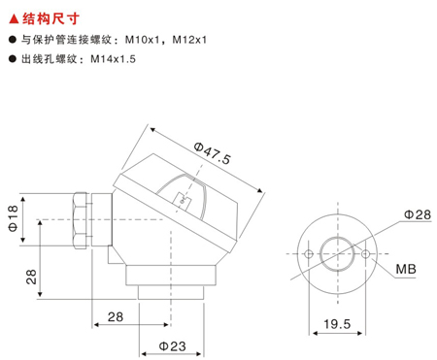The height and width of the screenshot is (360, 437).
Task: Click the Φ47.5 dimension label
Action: (213, 153)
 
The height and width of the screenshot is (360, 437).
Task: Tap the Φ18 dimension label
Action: (13, 218)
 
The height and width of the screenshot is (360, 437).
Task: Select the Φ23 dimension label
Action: (172, 346)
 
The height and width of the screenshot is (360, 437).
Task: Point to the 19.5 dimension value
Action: (337, 324)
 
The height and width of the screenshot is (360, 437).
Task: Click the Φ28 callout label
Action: (418, 214)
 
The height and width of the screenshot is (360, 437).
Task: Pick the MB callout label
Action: (406, 269)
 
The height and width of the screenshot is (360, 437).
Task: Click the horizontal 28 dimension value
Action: (116, 317)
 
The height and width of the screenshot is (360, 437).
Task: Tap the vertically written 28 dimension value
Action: (31, 277)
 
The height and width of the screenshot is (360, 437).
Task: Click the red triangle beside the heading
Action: (14, 19)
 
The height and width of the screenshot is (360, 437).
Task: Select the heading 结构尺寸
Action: (50, 18)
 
